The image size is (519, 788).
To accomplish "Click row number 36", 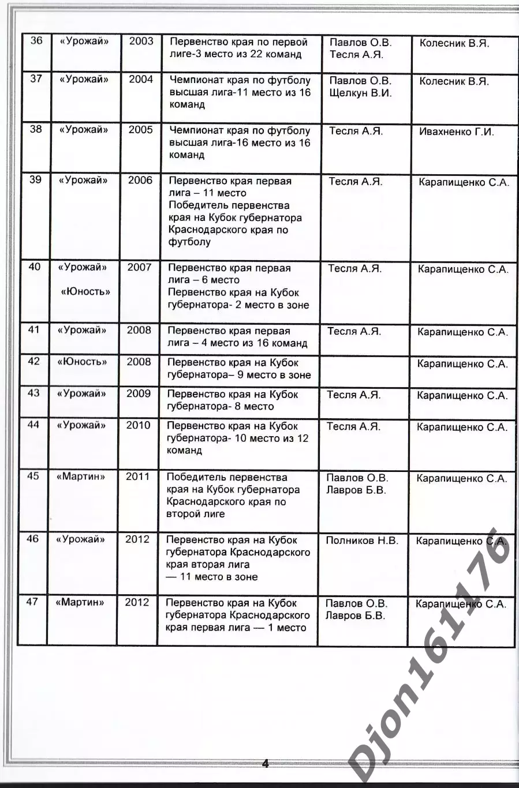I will [x=36, y=41].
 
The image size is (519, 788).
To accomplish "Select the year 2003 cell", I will [x=141, y=41].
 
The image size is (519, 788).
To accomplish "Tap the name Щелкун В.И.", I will [x=360, y=93].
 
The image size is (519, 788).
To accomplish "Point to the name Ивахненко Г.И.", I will [x=457, y=132].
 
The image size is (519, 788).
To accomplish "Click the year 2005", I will [x=140, y=130].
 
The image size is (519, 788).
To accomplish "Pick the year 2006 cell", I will [x=140, y=181].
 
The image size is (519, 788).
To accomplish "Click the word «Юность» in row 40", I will [x=85, y=292].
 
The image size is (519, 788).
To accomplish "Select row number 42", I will [x=34, y=362].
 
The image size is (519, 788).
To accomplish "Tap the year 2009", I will [x=139, y=394].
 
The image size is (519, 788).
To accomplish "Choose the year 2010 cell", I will [x=138, y=426].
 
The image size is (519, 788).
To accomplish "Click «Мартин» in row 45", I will [x=81, y=477].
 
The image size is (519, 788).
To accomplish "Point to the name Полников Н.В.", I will [x=362, y=541].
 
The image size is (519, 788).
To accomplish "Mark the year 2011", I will [x=137, y=477].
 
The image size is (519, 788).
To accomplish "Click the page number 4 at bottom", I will [x=266, y=764].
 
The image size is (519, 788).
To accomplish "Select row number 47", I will [x=32, y=602].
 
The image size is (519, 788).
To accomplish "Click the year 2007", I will [x=139, y=268].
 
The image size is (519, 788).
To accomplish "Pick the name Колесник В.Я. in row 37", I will [x=454, y=81].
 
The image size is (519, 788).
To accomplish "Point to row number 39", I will [x=35, y=180].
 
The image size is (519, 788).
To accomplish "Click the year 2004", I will [x=141, y=80].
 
